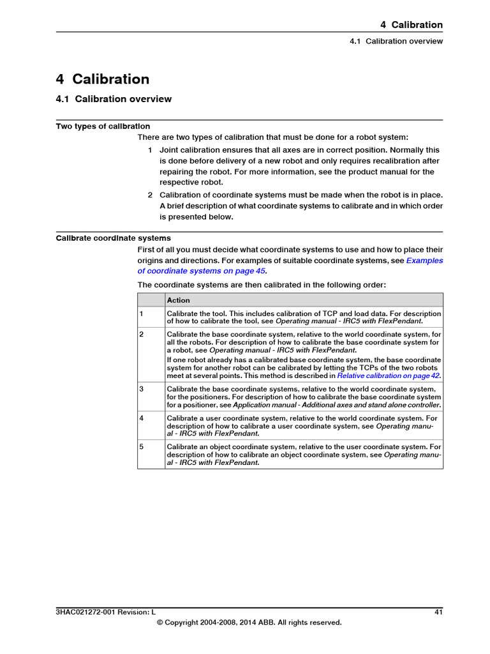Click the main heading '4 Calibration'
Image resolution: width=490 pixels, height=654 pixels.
(x=103, y=79)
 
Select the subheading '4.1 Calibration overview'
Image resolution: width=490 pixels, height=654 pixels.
(x=114, y=99)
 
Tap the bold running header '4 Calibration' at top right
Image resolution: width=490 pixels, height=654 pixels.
(x=411, y=25)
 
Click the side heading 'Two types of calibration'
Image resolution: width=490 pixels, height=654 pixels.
(x=103, y=126)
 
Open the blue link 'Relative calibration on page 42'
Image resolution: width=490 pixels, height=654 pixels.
(x=389, y=376)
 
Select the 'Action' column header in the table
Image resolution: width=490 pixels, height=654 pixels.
(x=179, y=300)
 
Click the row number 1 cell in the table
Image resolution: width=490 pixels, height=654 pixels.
(x=142, y=314)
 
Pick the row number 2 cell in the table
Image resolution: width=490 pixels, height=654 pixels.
(x=142, y=334)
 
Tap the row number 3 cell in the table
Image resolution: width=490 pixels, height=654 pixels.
(x=142, y=389)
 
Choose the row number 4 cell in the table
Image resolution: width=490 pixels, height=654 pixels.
(x=142, y=418)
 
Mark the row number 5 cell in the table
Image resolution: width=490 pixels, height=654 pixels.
(x=142, y=447)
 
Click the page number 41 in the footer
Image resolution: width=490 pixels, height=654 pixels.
(x=438, y=612)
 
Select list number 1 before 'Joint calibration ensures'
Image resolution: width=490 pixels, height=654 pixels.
(x=150, y=150)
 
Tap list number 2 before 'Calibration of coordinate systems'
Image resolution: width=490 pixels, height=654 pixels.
(x=150, y=195)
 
